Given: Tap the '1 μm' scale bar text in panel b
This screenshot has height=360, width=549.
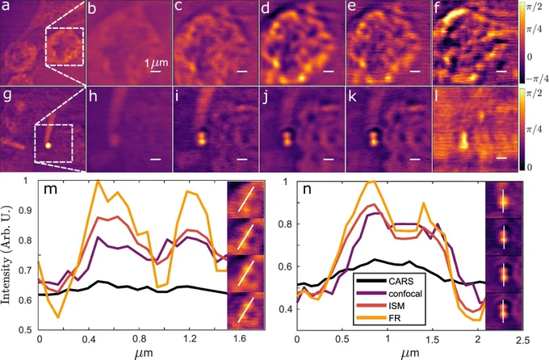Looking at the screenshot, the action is coord(157,63).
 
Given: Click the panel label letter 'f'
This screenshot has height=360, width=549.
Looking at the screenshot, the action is coord(437,8).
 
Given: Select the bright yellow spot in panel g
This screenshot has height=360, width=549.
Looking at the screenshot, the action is coord(48,145).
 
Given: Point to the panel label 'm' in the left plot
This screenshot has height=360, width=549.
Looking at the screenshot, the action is coord(49,190).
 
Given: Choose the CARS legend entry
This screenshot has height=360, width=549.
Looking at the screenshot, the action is coord(385,281).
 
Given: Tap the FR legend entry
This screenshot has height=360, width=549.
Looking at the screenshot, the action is coord(379,318).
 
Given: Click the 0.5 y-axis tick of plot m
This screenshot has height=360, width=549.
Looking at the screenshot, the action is coord(29,330).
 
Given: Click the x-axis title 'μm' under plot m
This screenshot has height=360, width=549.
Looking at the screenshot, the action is coord(144,352).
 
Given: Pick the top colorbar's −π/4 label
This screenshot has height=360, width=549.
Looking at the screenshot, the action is coord(537,79).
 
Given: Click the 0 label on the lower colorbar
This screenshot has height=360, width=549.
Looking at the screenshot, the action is coord(530,167).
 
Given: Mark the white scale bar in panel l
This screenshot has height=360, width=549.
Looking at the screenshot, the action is coord(501,158).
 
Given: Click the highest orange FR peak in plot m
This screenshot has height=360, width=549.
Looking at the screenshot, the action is coord(98,181).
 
